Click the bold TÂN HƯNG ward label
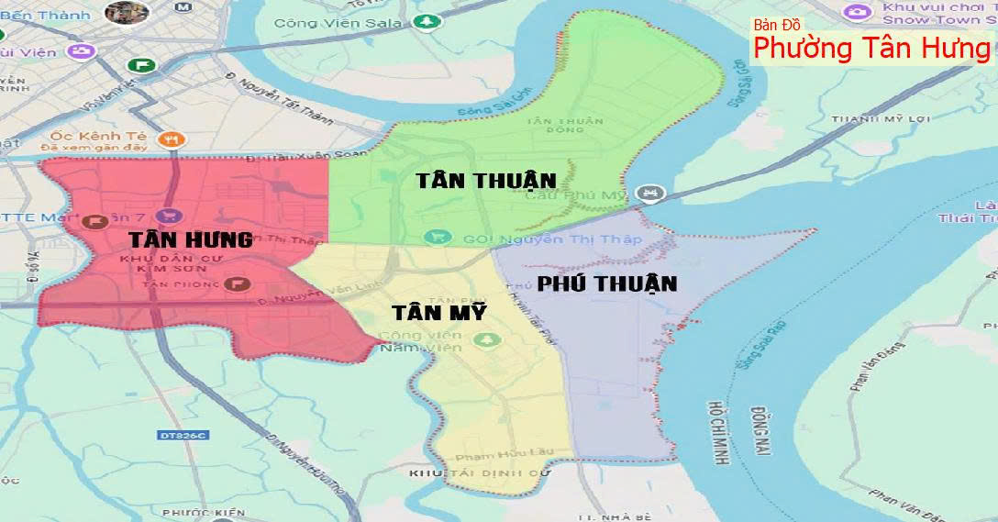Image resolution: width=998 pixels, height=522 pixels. coord(190,240)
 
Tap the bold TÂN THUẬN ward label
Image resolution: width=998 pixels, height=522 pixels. coord(485,180)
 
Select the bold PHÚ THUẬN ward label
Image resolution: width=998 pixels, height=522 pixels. coord(607,283)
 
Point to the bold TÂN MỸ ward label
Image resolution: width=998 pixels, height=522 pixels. coord(438,312)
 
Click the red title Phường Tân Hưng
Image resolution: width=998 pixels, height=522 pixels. coord(872,48)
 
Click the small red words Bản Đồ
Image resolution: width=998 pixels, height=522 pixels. coord(777,25)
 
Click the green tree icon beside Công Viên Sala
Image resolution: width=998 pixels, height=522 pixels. coord(425,21)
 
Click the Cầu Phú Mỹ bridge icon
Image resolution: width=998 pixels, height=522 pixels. coord(650,194)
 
